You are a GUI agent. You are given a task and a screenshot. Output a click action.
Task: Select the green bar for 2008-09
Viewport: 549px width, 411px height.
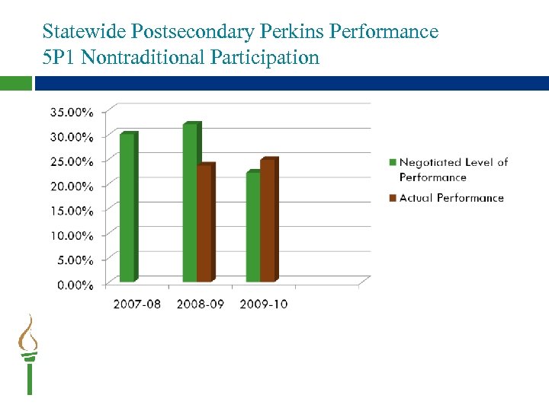point(191,202)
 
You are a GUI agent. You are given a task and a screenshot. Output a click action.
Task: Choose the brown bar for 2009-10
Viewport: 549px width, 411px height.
point(268,221)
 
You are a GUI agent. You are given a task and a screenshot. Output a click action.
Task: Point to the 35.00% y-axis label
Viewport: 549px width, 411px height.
point(72,112)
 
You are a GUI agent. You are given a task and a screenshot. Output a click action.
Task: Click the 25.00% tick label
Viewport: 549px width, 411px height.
point(72,161)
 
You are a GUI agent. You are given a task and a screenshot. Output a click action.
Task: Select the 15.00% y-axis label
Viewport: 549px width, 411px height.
point(72,211)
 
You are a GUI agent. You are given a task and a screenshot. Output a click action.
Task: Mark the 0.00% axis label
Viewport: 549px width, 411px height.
point(75,285)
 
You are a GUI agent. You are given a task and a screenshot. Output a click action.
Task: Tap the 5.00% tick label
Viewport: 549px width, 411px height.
point(75,260)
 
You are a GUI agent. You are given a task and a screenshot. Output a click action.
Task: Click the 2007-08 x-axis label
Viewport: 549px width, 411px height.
point(136,304)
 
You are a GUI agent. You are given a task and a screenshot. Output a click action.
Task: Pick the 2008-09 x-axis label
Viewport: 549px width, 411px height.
point(200,304)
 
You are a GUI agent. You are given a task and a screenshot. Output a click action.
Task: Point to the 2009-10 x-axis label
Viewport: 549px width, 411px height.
point(263,304)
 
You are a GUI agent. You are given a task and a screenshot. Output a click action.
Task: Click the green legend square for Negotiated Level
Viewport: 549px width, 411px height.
point(393,162)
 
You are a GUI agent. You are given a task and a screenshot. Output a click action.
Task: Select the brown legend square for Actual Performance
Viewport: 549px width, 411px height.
point(393,198)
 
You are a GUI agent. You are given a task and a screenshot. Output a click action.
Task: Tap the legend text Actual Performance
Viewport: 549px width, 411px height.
point(451,198)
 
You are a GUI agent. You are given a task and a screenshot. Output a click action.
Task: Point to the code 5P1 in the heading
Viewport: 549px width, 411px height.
point(59,57)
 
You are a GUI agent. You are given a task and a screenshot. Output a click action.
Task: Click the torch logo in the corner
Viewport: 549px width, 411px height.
point(29,354)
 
